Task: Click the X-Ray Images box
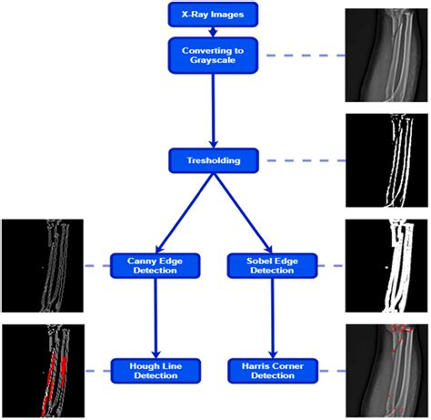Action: (x=213, y=15)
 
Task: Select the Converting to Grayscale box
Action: (x=213, y=56)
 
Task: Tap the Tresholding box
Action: (x=214, y=160)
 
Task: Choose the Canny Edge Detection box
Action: (x=155, y=266)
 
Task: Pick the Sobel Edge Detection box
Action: (x=272, y=266)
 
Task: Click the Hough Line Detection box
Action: (x=155, y=371)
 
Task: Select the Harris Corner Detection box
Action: (x=273, y=371)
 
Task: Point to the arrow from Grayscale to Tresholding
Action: (x=214, y=111)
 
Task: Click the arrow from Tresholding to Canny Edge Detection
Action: (x=185, y=213)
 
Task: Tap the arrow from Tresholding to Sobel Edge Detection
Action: (x=243, y=213)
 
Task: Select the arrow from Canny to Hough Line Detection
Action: (x=155, y=318)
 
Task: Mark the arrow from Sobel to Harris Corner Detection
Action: (x=273, y=318)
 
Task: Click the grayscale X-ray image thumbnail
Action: (x=386, y=56)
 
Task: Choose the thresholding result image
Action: (x=386, y=160)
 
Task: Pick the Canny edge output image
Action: (x=43, y=266)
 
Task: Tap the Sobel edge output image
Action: (x=386, y=266)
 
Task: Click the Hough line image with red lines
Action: (x=43, y=371)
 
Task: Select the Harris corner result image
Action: (x=386, y=371)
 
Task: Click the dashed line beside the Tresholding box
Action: (x=306, y=160)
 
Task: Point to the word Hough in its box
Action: (x=142, y=366)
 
